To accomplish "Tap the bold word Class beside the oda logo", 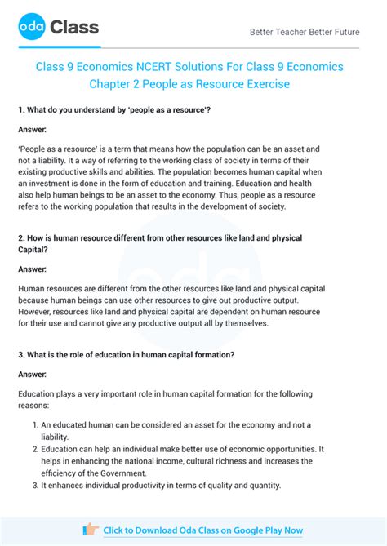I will pyautogui.click(x=74, y=28).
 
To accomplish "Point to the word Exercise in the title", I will pyautogui.click(x=263, y=84).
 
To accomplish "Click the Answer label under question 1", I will pyautogui.click(x=32, y=129).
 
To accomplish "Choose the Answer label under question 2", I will pyautogui.click(x=32, y=269).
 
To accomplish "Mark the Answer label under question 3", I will pyautogui.click(x=32, y=374).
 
